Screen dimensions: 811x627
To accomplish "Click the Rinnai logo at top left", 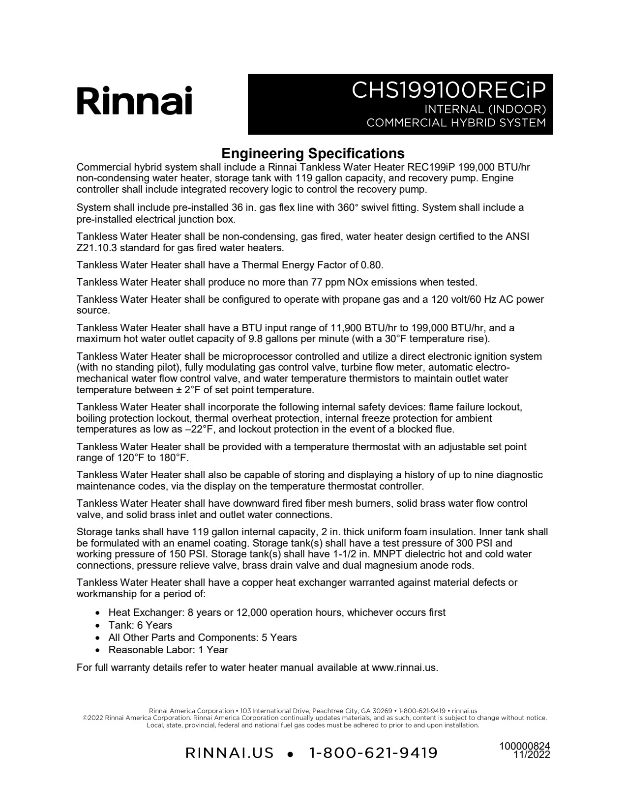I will tap(134, 101).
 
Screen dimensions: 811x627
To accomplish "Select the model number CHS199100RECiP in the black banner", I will tap(448, 90).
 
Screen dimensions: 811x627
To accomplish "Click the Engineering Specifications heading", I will tap(313, 153).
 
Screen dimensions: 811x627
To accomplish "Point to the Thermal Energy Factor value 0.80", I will tap(371, 265).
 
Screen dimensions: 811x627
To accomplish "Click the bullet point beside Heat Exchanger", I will tap(98, 613).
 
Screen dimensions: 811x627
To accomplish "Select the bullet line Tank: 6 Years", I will tap(140, 625).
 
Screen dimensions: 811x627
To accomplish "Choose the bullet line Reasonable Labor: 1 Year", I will tap(168, 650).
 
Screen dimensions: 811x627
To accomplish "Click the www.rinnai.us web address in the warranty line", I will tap(404, 667).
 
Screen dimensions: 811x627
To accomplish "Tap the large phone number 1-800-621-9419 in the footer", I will tap(373, 753).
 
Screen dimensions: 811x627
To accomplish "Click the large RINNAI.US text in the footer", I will tap(230, 753).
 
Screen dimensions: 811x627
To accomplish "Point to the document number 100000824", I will tap(525, 746).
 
